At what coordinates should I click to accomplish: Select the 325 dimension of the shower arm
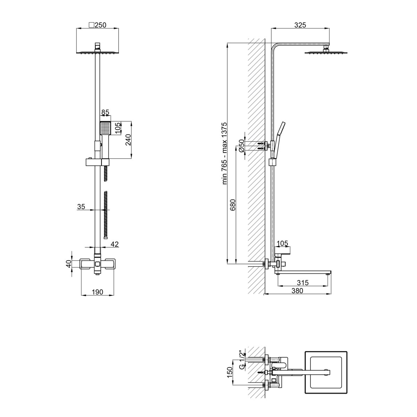[300, 25]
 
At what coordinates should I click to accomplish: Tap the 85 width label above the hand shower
[105, 112]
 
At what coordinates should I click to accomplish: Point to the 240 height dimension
[128, 140]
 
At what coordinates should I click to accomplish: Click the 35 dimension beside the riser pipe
[81, 207]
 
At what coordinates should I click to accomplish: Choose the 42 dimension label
[115, 244]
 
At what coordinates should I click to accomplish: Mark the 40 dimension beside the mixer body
[68, 264]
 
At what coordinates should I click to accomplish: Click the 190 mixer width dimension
[97, 292]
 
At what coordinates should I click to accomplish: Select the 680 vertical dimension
[233, 205]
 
